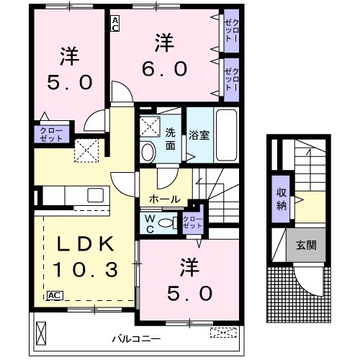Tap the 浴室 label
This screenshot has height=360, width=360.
pyautogui.click(x=199, y=135)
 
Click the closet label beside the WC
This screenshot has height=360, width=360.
pyautogui.click(x=193, y=222)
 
